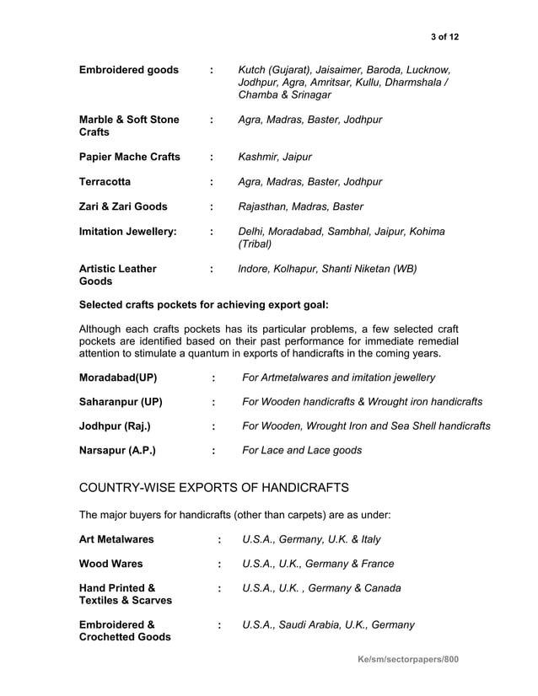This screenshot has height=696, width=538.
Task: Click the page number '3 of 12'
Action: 444,36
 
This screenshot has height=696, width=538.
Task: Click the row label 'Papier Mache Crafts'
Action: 129,157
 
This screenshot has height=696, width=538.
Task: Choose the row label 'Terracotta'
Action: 105,181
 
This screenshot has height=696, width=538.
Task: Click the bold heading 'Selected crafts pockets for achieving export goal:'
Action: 203,304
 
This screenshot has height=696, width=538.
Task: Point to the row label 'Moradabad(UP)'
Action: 118,377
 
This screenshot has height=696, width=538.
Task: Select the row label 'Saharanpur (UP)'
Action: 121,402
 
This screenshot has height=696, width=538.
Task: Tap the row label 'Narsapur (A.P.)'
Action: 117,451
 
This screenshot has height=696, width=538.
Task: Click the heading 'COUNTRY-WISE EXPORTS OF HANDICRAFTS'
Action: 213,489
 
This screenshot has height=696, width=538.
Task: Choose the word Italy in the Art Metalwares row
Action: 367,539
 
